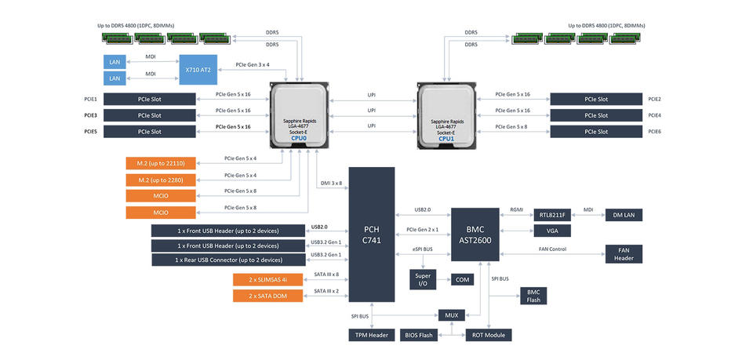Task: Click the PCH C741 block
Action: click(x=371, y=234)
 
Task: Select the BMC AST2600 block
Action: click(x=475, y=235)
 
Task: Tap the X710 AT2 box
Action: click(x=200, y=69)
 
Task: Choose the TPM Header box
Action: click(x=371, y=335)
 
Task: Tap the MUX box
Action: click(x=451, y=315)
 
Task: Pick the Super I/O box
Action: click(x=422, y=279)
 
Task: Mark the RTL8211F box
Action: click(x=552, y=215)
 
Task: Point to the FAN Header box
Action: click(x=624, y=254)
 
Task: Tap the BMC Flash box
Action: click(x=533, y=296)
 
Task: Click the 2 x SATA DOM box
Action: click(x=267, y=296)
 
